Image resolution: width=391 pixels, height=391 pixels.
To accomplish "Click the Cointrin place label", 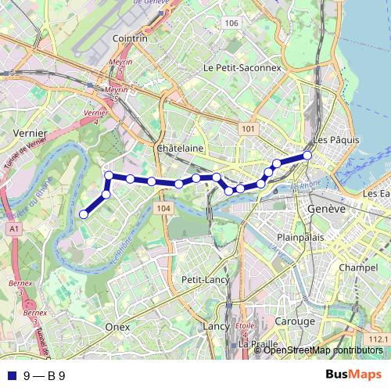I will click(130, 38).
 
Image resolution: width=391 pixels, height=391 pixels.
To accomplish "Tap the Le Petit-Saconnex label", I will click(242, 68).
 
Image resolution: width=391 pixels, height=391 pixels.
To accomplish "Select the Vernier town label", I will click(30, 134).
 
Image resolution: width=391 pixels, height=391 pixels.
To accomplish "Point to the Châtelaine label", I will click(180, 148).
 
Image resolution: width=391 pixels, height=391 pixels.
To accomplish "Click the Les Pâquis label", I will click(335, 140).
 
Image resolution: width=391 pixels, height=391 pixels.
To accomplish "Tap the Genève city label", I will click(327, 210).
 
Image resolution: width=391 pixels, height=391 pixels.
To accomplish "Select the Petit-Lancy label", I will click(203, 279).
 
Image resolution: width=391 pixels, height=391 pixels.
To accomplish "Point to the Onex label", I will click(117, 326).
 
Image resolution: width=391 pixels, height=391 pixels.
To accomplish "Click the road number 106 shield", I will click(230, 23).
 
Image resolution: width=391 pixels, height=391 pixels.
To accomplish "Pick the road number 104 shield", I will click(163, 209).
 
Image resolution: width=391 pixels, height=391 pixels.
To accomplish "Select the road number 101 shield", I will click(249, 128).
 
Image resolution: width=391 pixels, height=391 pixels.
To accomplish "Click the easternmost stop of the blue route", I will click(307, 156).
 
